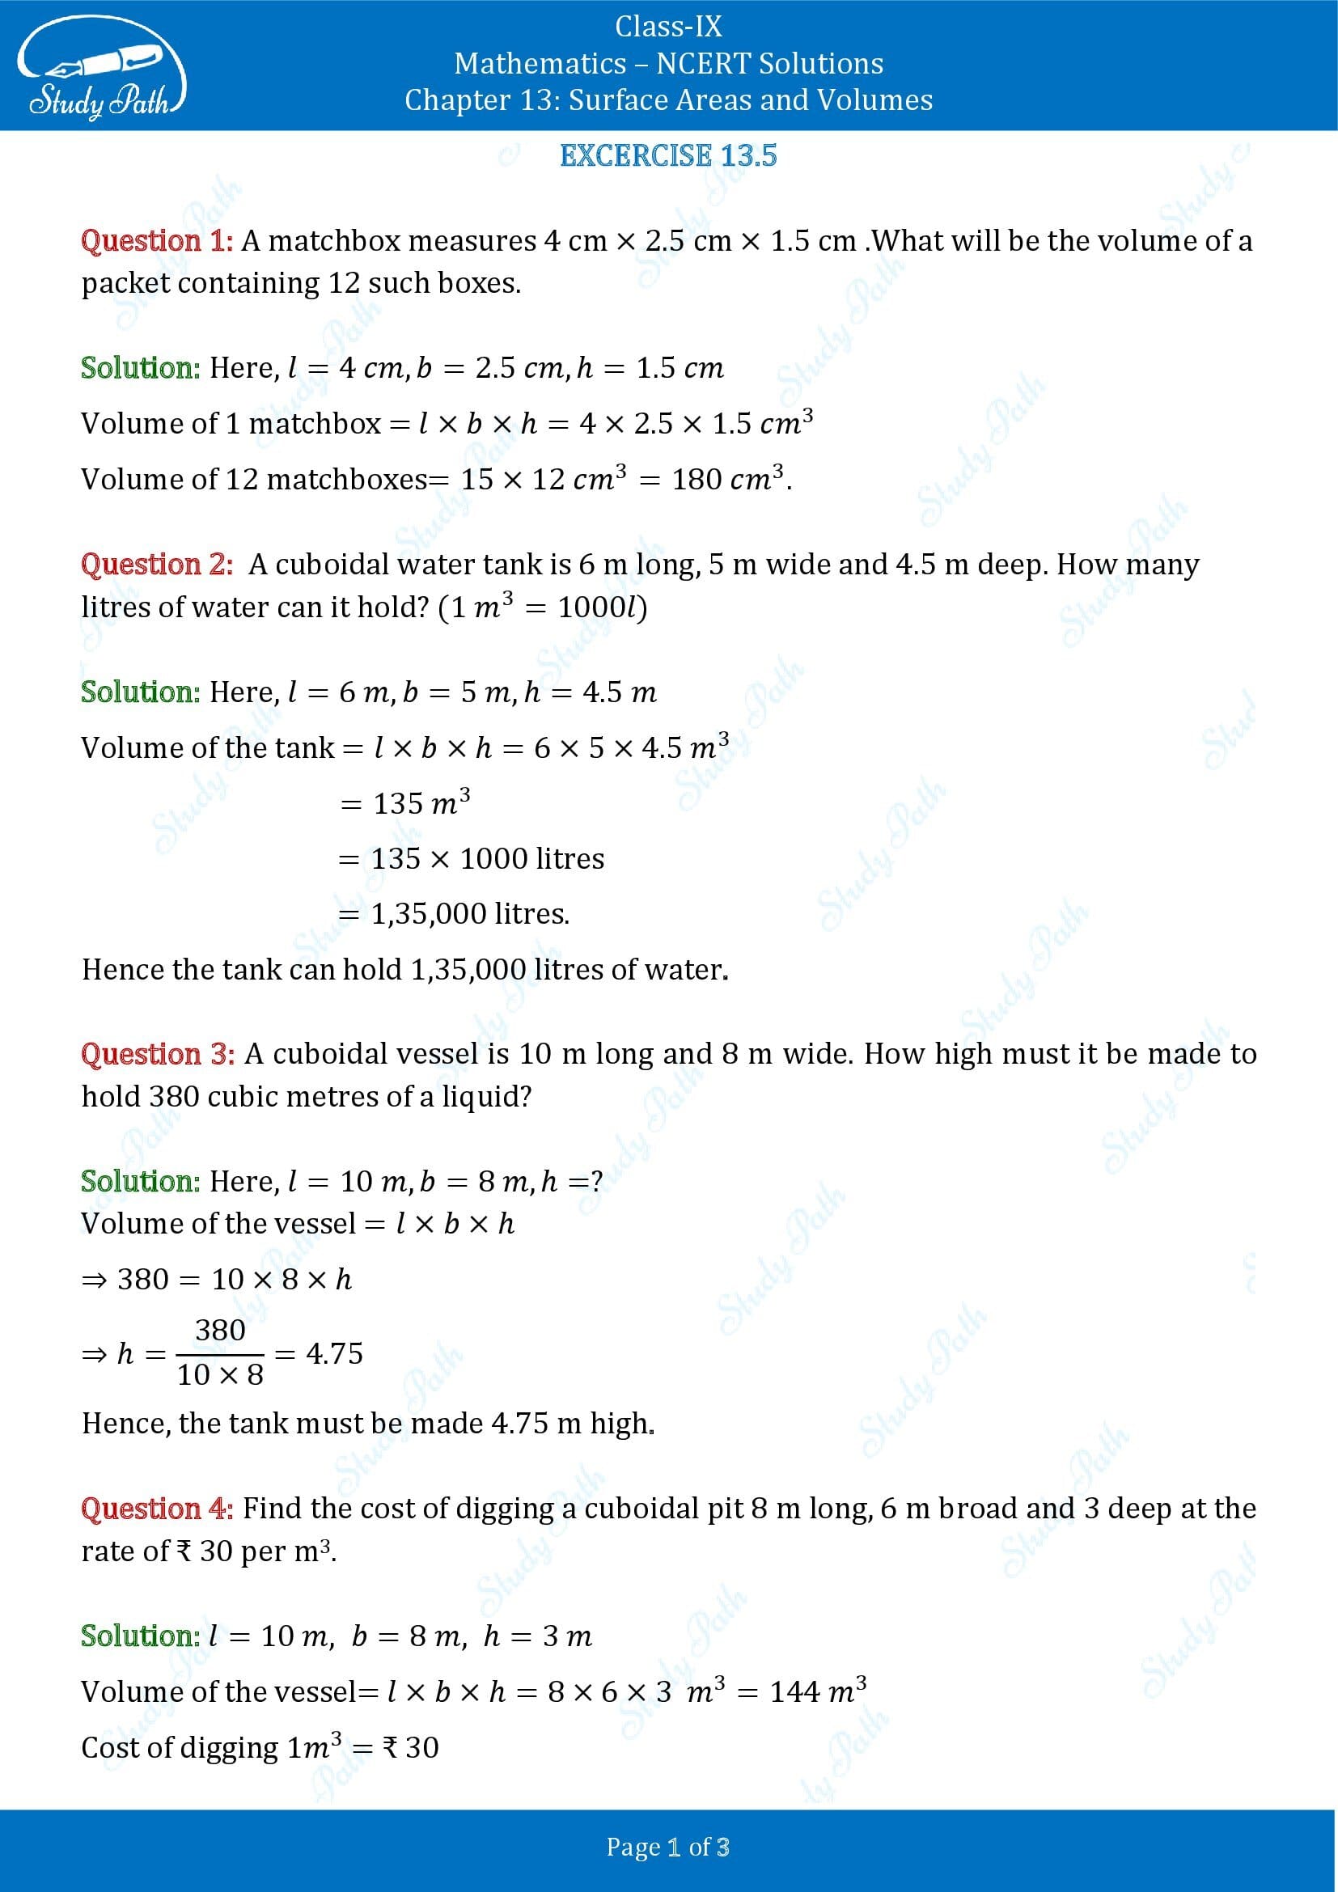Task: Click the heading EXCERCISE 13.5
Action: pyautogui.click(x=668, y=156)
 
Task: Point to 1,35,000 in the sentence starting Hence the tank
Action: pyautogui.click(x=468, y=970)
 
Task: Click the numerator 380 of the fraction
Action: pyautogui.click(x=220, y=1330)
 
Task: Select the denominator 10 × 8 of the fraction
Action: pyautogui.click(x=220, y=1374)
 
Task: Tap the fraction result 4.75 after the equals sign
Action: pyautogui.click(x=333, y=1353)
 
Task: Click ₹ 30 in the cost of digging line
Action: pyautogui.click(x=411, y=1748)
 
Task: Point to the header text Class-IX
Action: pyautogui.click(x=668, y=27)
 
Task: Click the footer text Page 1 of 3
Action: pyautogui.click(x=668, y=1847)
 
